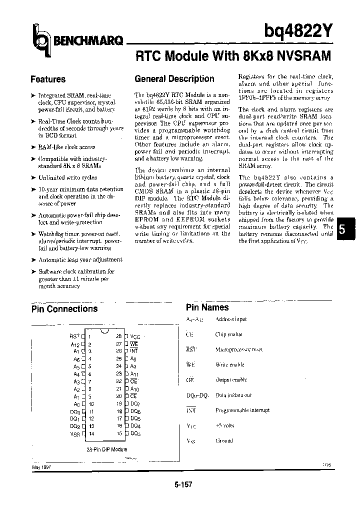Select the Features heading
[48, 79]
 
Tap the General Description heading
[174, 79]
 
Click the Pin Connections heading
[64, 309]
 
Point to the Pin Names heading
[207, 307]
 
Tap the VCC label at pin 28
[135, 337]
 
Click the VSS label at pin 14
[75, 434]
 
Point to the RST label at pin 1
[74, 337]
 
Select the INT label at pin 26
[134, 351]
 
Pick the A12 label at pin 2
[75, 344]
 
